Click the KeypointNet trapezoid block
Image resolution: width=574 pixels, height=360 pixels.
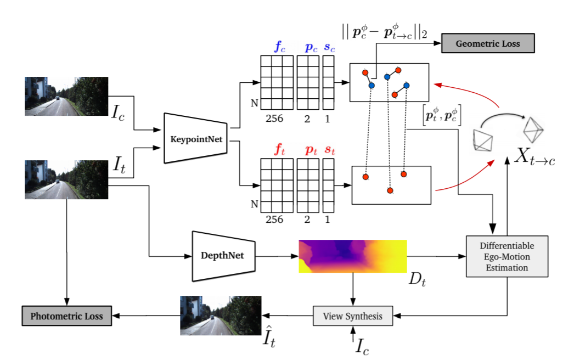pos(196,138)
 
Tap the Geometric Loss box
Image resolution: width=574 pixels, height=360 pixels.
pos(488,44)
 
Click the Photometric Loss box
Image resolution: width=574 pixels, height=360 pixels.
pos(66,316)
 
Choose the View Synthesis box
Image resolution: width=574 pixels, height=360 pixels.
pos(353,316)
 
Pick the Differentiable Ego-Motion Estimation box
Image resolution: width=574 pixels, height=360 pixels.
pos(507,256)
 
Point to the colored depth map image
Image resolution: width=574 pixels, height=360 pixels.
pos(352,256)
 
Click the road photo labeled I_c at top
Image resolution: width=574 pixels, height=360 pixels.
pos(66,96)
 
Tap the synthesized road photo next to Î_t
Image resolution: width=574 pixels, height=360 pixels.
pos(221,316)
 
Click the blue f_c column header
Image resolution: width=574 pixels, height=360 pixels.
pos(279,48)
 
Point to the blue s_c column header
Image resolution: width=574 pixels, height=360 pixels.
pos(329,48)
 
